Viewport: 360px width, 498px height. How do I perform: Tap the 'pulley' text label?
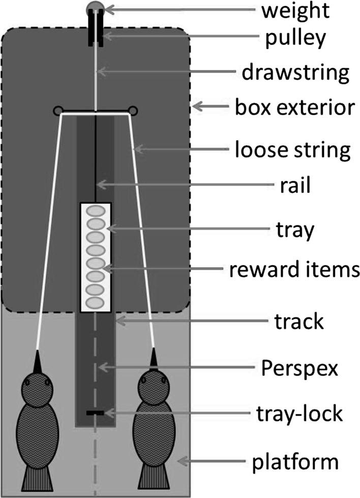[293, 38]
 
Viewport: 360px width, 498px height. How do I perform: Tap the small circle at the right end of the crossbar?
[133, 110]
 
